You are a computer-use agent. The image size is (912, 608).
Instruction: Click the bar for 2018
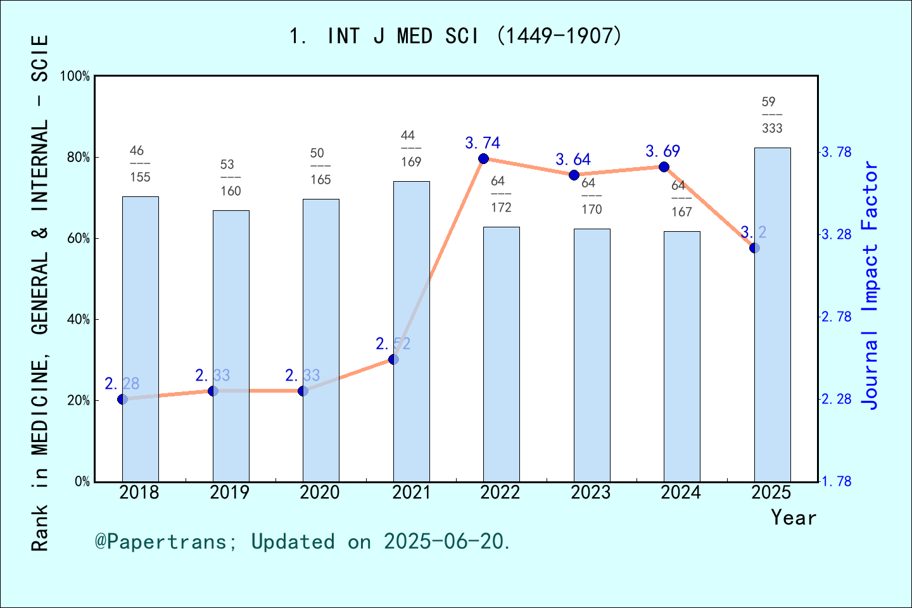[x=140, y=339]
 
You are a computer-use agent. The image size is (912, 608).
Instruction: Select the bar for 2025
[x=772, y=315]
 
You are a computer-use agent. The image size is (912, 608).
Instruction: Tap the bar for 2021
[x=411, y=331]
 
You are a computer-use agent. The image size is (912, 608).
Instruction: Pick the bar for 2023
[x=592, y=355]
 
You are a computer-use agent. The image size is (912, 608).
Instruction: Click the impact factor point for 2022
[x=483, y=158]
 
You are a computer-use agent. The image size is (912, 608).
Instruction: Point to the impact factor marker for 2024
[x=664, y=167]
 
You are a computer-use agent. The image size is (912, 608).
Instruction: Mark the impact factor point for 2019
[x=213, y=391]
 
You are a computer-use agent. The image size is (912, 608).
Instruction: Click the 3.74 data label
[x=483, y=143]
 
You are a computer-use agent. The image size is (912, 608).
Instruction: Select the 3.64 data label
[x=573, y=160]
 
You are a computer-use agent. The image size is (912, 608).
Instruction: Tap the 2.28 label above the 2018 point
[x=122, y=384]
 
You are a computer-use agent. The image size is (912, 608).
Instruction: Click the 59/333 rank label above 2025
[x=772, y=115]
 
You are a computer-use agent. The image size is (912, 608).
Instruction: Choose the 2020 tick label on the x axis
[x=320, y=493]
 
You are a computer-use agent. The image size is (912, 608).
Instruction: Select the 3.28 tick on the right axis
[x=836, y=235]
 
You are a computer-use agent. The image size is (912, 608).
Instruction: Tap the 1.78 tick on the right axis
[x=836, y=482]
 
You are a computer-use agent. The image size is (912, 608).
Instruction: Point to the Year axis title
[x=794, y=518]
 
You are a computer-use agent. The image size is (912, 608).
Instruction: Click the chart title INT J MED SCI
[x=456, y=36]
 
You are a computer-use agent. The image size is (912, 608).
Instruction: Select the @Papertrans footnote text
[x=303, y=542]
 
